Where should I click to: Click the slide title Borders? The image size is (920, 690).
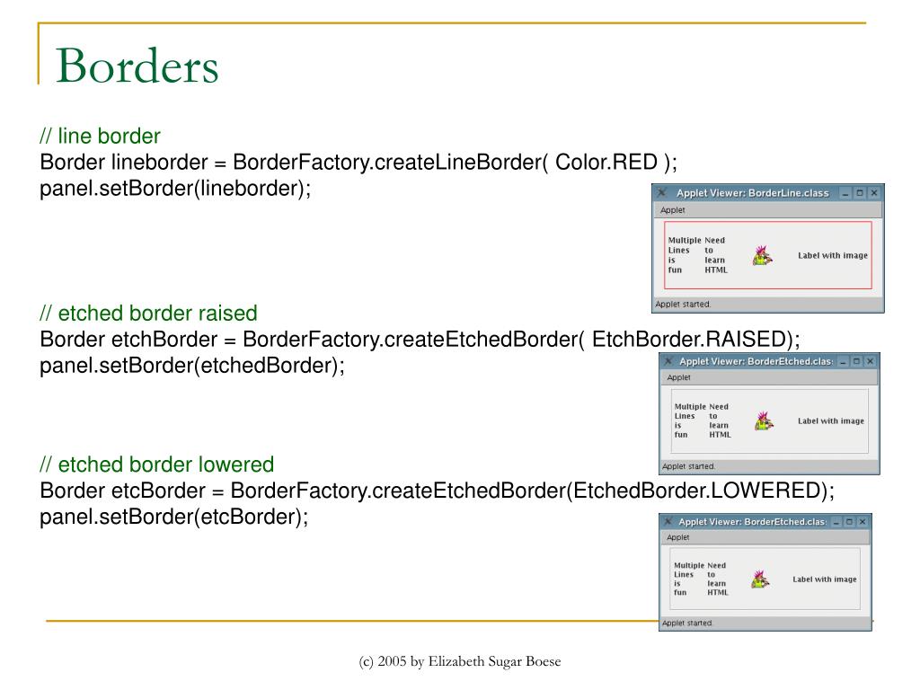[x=137, y=66]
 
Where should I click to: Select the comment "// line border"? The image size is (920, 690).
[x=100, y=137]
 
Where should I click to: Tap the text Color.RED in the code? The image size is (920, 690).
[x=606, y=162]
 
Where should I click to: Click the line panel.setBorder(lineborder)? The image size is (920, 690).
[x=175, y=189]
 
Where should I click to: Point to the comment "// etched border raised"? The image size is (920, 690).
[x=148, y=314]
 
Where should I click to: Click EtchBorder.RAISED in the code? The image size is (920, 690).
[x=689, y=339]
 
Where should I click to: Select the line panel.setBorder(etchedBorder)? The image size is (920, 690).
[x=192, y=366]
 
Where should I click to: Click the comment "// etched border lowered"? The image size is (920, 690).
[x=156, y=464]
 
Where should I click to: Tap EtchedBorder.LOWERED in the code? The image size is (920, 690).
[x=696, y=491]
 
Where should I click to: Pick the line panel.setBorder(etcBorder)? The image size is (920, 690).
[x=173, y=517]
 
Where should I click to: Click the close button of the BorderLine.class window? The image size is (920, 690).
[x=874, y=192]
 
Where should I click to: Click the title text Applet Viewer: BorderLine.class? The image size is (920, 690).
[x=752, y=193]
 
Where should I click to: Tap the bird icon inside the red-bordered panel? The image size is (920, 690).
[x=762, y=256]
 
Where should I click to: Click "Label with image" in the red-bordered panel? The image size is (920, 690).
[x=833, y=255]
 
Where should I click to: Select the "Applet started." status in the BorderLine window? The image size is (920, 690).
[x=683, y=304]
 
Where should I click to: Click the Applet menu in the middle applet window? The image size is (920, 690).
[x=679, y=377]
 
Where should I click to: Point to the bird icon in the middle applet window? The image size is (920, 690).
[x=764, y=420]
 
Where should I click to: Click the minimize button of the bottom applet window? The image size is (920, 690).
[x=836, y=522]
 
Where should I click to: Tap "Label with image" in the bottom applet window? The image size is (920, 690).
[x=825, y=579]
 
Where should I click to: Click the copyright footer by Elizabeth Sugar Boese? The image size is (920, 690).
[x=460, y=661]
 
